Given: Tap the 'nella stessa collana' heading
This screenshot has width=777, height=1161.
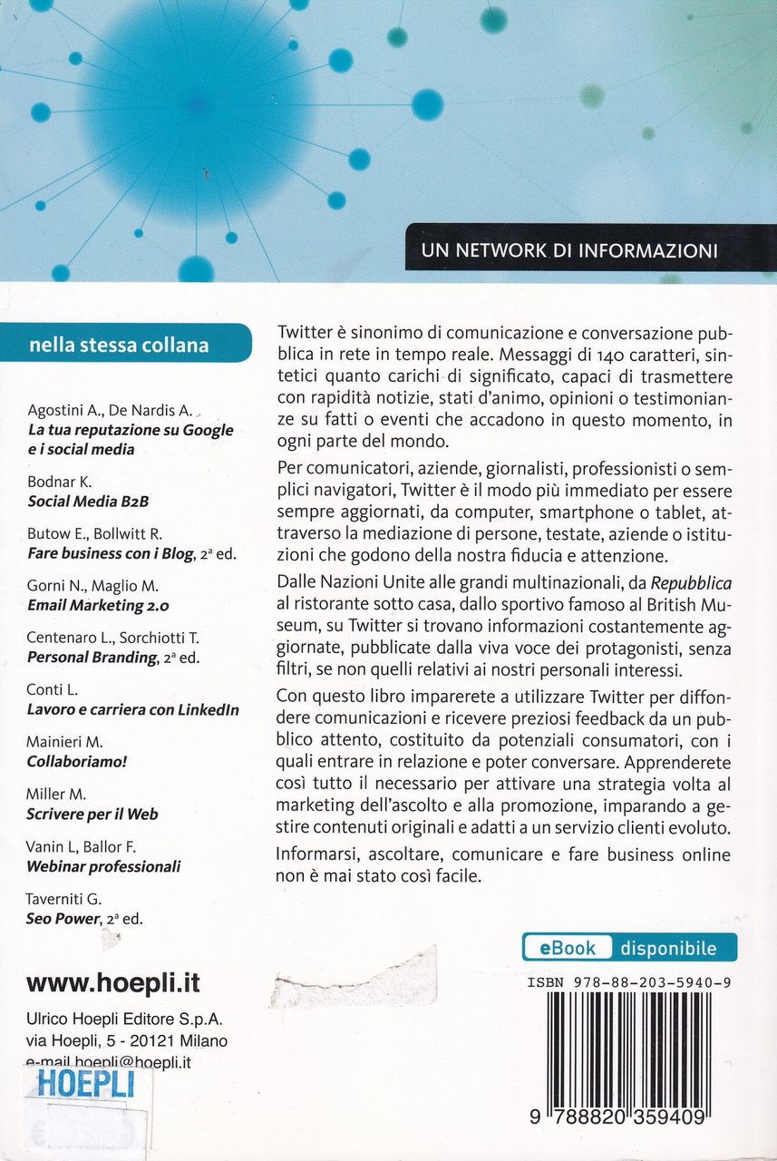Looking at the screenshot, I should [x=119, y=345].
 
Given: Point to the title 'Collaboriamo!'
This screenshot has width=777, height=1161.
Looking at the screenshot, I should [x=77, y=761].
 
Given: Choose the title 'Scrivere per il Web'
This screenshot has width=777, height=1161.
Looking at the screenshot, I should [x=92, y=814].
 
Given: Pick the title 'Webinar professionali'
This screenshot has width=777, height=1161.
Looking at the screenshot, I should [x=103, y=866].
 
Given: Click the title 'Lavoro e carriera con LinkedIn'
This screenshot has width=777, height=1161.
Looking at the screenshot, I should [x=133, y=709].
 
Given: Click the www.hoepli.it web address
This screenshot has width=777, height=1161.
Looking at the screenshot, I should [x=113, y=982].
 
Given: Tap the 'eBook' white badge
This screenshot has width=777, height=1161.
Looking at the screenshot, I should [x=568, y=948].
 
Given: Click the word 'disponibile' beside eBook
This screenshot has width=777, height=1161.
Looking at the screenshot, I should [x=668, y=949].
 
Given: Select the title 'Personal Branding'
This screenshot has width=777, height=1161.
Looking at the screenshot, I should [x=92, y=658].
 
